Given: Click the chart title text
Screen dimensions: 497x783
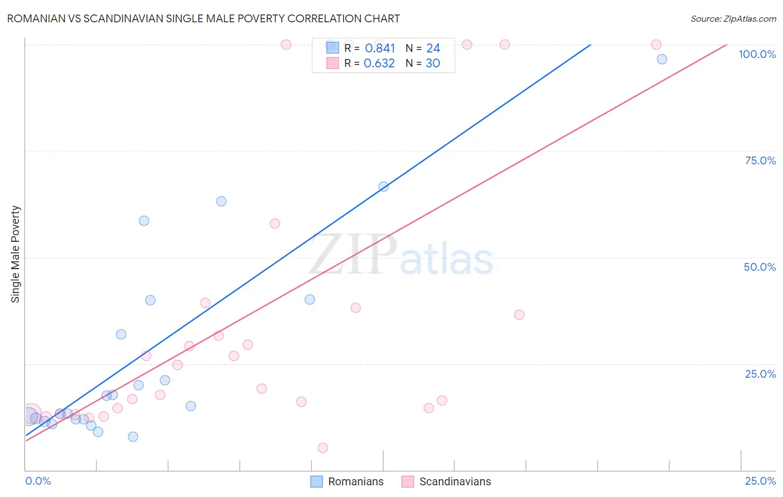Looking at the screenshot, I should coord(203,18).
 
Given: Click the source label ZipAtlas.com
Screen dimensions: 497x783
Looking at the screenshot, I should coord(733,18).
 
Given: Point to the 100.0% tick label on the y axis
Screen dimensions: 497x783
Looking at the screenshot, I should coord(757,54).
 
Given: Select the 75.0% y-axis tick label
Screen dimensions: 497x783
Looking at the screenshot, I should coord(760,160).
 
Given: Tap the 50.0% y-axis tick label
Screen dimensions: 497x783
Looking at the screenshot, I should coord(760,267).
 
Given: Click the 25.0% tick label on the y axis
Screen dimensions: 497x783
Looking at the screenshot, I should coord(760,374).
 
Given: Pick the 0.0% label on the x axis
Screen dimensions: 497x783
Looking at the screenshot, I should coord(38,481).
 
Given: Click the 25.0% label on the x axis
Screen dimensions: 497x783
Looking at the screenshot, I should coord(760,481).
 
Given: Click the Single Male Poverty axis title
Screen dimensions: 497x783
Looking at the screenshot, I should coord(16,254).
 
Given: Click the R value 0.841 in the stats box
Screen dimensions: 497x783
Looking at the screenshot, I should coord(380,48).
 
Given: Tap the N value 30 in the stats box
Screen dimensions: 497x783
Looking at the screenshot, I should coord(433,64).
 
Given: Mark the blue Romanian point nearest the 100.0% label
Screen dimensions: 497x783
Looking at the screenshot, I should coord(662,59).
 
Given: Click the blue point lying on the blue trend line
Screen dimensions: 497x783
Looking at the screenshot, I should coord(383,187).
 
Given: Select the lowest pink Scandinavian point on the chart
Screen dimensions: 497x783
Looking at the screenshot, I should coord(323,448).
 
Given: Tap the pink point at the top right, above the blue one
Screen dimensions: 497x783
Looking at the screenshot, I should coord(656,45).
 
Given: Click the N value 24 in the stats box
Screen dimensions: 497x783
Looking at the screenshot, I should coord(433,48).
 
